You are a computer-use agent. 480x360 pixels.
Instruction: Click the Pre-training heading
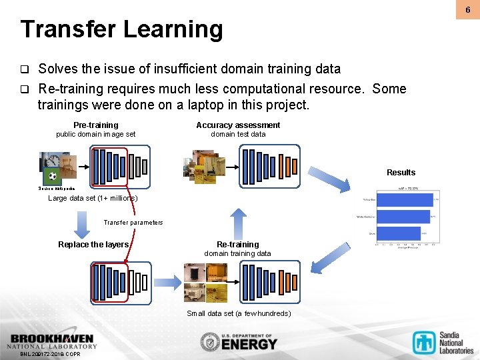click(x=95, y=125)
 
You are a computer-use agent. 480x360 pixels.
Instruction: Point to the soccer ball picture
click(x=53, y=177)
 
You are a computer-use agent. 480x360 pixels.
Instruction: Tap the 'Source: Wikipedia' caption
click(x=56, y=189)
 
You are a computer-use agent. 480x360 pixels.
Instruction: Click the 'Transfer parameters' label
click(x=133, y=223)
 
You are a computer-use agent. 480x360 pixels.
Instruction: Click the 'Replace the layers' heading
click(x=93, y=245)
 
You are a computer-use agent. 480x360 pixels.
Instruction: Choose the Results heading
click(x=401, y=173)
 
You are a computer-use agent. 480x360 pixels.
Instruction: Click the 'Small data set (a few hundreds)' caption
click(x=238, y=313)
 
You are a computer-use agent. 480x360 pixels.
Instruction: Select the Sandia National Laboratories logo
click(x=443, y=342)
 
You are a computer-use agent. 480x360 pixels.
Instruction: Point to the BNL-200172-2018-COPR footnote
click(x=50, y=354)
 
